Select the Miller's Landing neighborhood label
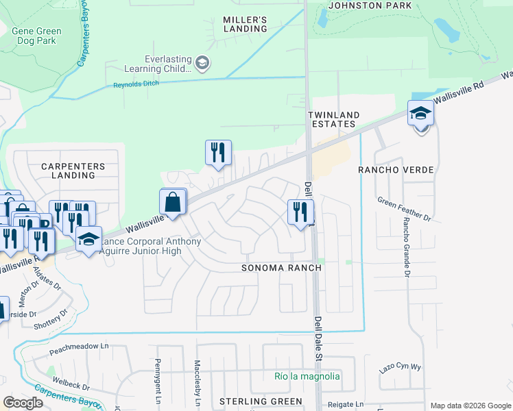[x=245, y=24]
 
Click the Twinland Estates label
[x=331, y=119]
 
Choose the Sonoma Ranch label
[x=277, y=268]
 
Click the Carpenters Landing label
[x=73, y=171]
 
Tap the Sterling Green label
[x=261, y=401]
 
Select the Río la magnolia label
[x=307, y=376]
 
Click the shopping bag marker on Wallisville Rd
[x=174, y=203]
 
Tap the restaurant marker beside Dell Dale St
[x=300, y=212]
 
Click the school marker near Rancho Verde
[x=420, y=114]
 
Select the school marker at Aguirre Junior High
[x=88, y=240]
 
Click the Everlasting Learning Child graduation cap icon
[x=202, y=64]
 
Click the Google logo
[x=23, y=402]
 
